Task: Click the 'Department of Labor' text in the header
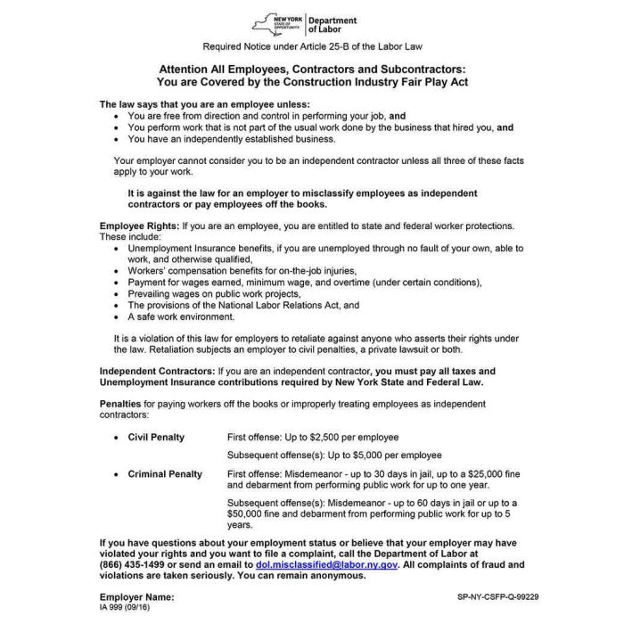(332, 25)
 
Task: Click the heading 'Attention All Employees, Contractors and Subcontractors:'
(312, 68)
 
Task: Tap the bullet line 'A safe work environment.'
(181, 316)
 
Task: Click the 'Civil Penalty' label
(156, 438)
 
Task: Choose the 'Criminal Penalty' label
(165, 474)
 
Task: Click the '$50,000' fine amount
(246, 514)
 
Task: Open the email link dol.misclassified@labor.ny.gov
(326, 564)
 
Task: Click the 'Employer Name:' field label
(136, 596)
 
